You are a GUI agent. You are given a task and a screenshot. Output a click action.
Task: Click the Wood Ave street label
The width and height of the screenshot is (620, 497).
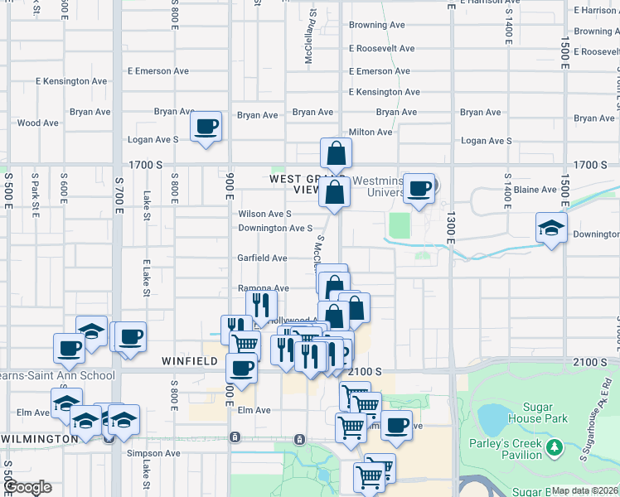[38, 123]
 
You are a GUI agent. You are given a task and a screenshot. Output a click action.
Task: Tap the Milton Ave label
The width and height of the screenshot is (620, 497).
[371, 133]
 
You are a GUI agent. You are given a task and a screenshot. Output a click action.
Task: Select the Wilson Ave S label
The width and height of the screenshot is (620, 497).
[264, 214]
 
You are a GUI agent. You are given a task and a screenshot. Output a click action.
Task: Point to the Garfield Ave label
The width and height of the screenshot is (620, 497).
[263, 258]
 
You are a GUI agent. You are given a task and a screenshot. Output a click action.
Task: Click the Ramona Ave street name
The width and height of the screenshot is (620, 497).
[263, 289]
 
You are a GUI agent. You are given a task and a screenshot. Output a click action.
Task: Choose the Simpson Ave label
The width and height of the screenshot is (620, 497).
[153, 454]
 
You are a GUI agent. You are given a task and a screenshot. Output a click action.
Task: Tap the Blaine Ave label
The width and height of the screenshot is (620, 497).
[535, 190]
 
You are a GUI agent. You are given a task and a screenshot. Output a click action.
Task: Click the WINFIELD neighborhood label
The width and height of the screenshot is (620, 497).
[189, 363]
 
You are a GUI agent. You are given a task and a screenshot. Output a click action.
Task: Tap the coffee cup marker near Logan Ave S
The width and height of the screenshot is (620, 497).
[206, 127]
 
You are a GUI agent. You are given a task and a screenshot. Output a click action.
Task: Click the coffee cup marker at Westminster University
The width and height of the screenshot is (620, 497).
[420, 188]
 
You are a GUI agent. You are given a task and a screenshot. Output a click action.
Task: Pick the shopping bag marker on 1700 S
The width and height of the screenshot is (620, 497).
[337, 153]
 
